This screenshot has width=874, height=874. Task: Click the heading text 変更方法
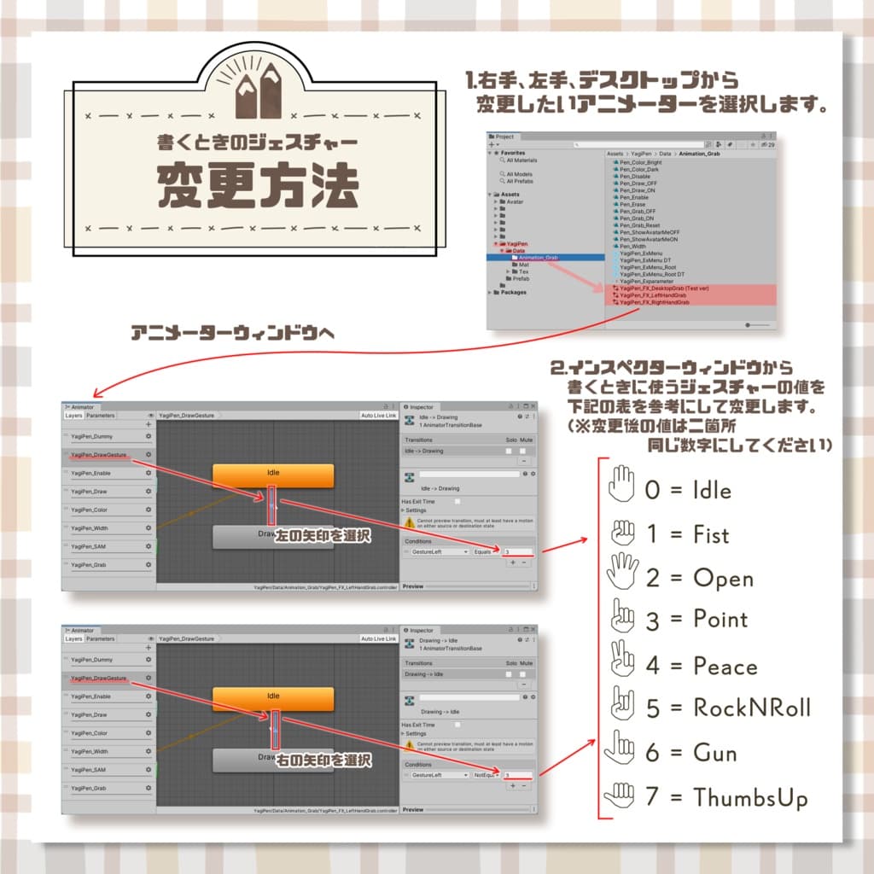pyautogui.click(x=257, y=184)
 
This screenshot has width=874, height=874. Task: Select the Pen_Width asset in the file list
pyautogui.click(x=633, y=247)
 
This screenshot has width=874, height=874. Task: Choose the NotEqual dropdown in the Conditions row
pyautogui.click(x=487, y=775)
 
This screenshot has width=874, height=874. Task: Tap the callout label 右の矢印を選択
pyautogui.click(x=323, y=759)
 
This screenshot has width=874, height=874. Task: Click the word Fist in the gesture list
pyautogui.click(x=711, y=535)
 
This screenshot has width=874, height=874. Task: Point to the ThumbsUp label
pyautogui.click(x=750, y=797)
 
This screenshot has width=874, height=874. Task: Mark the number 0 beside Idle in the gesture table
pyautogui.click(x=653, y=492)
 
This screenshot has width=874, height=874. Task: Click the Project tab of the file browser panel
pyautogui.click(x=504, y=137)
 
